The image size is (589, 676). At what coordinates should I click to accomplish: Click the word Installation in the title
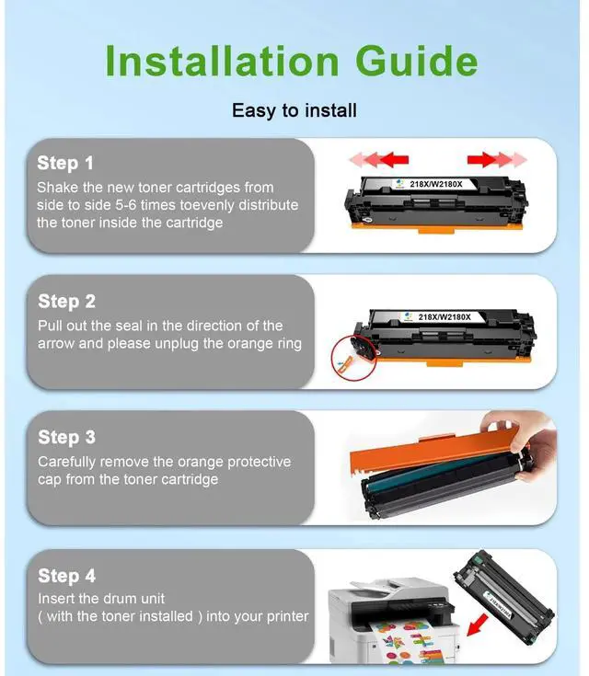click(222, 61)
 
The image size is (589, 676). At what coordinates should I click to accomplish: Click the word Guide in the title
click(417, 61)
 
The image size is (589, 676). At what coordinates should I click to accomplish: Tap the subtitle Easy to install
click(294, 110)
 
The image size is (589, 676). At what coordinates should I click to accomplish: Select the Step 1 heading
click(65, 163)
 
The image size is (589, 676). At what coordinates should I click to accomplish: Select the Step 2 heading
click(66, 301)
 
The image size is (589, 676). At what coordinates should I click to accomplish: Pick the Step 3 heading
click(66, 437)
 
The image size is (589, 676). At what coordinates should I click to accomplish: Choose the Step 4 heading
click(67, 576)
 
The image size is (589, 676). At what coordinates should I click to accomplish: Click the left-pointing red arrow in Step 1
click(378, 159)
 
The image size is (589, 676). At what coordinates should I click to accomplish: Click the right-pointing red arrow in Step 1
click(497, 159)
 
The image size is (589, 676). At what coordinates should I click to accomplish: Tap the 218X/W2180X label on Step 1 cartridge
click(436, 184)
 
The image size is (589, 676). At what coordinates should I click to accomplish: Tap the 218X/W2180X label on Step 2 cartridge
click(445, 317)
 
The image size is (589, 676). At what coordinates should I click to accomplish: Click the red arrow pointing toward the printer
click(478, 624)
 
